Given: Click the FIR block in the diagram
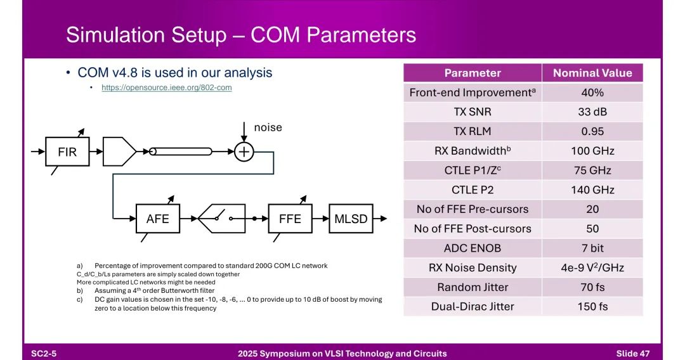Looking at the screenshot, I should pyautogui.click(x=67, y=152).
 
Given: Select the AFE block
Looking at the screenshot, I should pyautogui.click(x=157, y=219).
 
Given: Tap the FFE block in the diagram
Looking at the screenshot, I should pyautogui.click(x=290, y=219).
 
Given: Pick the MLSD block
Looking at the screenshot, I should pyautogui.click(x=351, y=219).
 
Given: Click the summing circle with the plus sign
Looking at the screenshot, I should pyautogui.click(x=244, y=152).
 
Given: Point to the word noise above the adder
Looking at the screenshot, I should pyautogui.click(x=268, y=127).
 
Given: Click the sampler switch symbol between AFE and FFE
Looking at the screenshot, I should pyautogui.click(x=223, y=219).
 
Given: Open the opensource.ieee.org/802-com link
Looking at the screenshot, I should pyautogui.click(x=167, y=87).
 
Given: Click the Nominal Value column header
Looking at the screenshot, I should pyautogui.click(x=592, y=73).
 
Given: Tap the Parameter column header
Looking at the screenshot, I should pyautogui.click(x=473, y=73).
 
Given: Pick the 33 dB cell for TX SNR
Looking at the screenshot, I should pyautogui.click(x=592, y=112).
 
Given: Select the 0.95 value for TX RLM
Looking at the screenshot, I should pyautogui.click(x=592, y=132).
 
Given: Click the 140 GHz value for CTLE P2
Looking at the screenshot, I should pyautogui.click(x=592, y=190).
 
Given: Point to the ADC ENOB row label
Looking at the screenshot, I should pyautogui.click(x=473, y=248).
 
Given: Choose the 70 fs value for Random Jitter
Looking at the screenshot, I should pyautogui.click(x=592, y=287).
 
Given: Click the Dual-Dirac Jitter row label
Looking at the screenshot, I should pyautogui.click(x=473, y=306).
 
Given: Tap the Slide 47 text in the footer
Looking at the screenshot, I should pyautogui.click(x=633, y=353).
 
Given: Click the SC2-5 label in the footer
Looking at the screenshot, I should pyautogui.click(x=44, y=353).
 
